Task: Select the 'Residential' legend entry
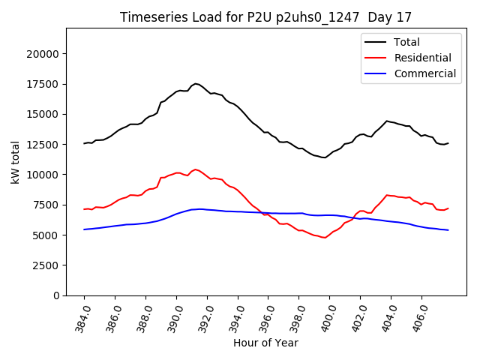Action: coord(422,58)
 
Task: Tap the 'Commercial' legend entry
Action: coord(424,73)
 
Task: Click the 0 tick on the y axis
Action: coord(56,295)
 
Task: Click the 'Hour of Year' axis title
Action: coord(265,343)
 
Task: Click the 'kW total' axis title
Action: coord(15,162)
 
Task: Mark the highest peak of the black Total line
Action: coord(196,84)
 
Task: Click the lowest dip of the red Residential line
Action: coord(325,238)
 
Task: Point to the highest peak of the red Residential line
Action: coord(196,169)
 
